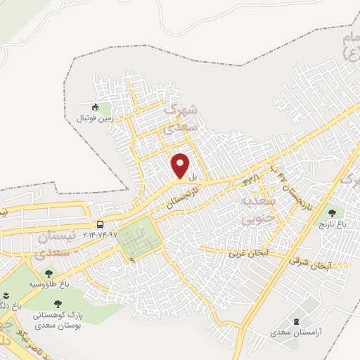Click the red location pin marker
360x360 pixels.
pos(181,165)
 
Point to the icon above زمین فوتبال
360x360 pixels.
pos(96,107)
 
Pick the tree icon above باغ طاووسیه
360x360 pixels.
pos(49,273)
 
